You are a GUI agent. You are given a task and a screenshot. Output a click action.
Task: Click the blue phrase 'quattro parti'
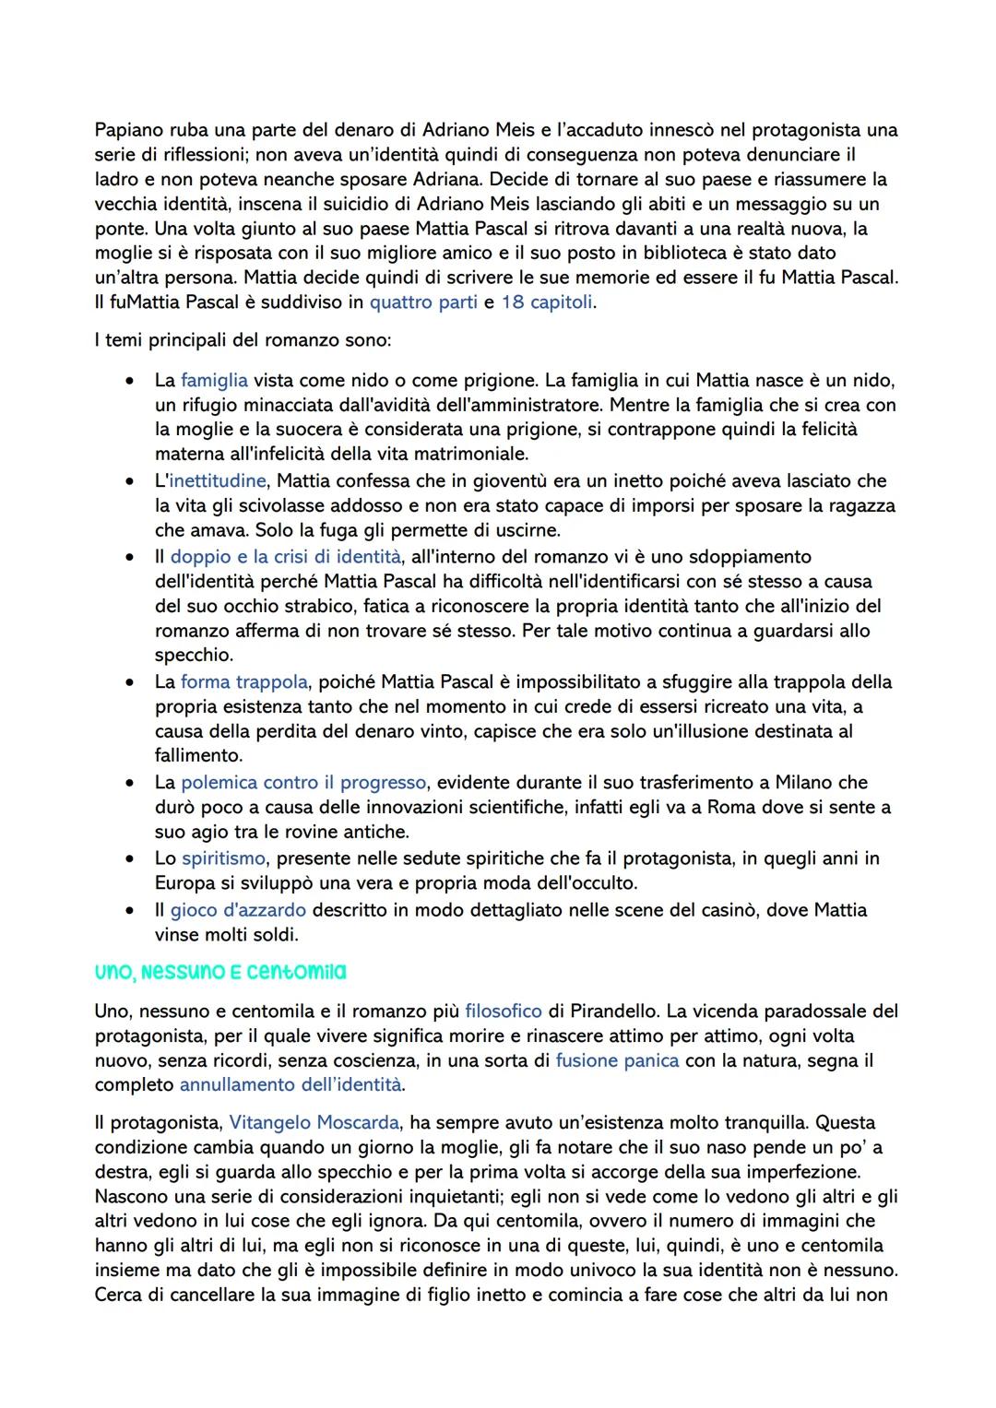(423, 302)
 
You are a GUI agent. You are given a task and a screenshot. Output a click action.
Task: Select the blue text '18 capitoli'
(547, 302)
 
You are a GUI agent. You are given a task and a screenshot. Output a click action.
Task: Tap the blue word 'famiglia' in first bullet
(214, 380)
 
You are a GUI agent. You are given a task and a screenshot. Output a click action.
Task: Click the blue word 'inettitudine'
(217, 480)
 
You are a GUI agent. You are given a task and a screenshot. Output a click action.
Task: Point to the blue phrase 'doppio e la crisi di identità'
(286, 556)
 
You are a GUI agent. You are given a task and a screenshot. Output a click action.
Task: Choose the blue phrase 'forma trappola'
(244, 681)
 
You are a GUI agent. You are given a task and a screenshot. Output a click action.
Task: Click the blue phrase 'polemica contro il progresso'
(303, 782)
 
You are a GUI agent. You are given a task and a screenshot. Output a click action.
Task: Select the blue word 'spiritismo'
(224, 858)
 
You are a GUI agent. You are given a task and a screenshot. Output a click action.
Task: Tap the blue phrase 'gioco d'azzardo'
(238, 909)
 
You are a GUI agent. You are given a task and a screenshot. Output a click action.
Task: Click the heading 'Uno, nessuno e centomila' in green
(220, 972)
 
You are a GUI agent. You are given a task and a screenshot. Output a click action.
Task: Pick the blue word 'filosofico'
(504, 1011)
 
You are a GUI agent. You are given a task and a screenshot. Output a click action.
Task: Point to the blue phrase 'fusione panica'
(617, 1060)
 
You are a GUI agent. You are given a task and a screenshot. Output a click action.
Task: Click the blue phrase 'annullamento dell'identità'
(290, 1084)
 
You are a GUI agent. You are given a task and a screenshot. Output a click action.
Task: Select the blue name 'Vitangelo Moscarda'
(314, 1122)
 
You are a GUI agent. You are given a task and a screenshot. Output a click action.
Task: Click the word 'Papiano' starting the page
(127, 130)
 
